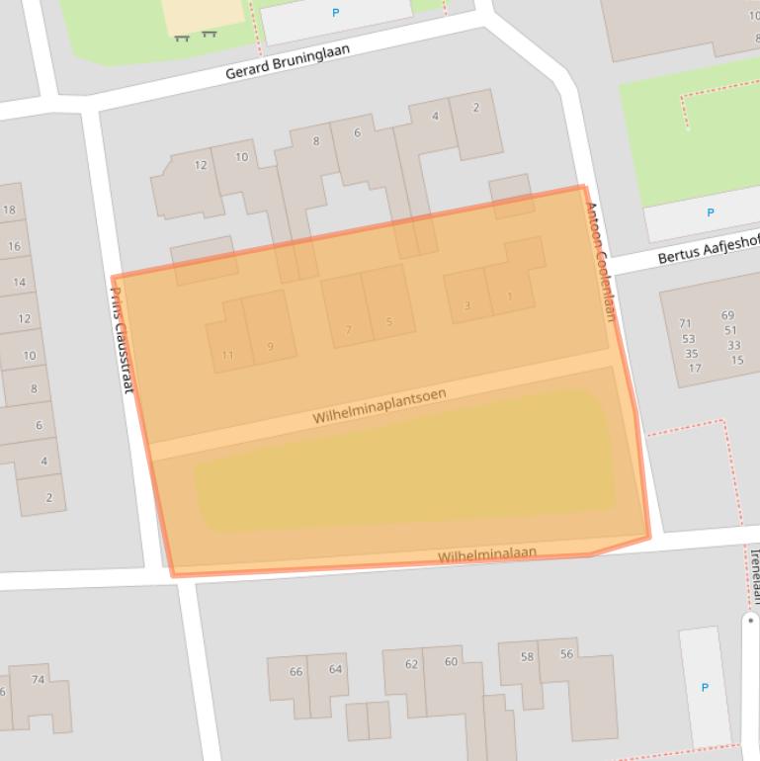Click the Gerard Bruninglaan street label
click(288, 61)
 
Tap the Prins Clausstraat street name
click(120, 336)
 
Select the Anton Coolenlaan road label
click(600, 262)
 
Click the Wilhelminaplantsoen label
click(379, 406)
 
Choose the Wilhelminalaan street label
click(487, 555)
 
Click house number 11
click(228, 356)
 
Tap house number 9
click(270, 347)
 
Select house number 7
click(348, 330)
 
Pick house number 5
click(389, 322)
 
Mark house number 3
click(467, 306)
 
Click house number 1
click(510, 296)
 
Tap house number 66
click(296, 671)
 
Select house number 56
click(566, 653)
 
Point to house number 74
click(38, 679)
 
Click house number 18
click(10, 210)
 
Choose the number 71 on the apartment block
click(685, 323)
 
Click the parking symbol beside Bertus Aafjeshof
click(710, 212)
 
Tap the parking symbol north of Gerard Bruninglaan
click(335, 13)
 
